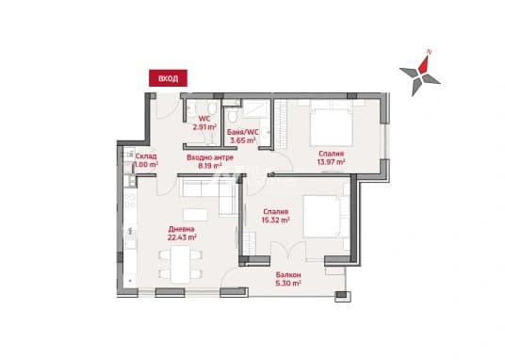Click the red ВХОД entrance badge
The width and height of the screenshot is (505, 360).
(168, 78)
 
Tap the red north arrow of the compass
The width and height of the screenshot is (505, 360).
(424, 65)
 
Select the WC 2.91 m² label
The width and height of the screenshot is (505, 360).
(204, 123)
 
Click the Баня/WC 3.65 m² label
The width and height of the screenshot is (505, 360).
(243, 136)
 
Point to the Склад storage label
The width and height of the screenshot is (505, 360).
(146, 160)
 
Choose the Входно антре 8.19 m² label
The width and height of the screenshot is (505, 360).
(210, 162)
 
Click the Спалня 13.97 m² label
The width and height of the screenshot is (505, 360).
(331, 157)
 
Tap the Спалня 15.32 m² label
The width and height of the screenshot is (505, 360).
(275, 216)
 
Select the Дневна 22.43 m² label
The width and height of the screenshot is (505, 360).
(182, 233)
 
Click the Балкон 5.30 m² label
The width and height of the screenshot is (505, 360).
(288, 279)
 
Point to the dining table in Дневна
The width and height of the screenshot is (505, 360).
(180, 264)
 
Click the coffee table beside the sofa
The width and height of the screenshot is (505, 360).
(195, 215)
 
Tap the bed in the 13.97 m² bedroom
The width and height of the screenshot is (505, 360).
(331, 123)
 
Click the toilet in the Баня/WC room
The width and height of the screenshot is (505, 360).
(232, 116)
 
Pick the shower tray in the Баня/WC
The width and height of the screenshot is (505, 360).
(255, 108)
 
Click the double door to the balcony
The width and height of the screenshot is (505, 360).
(288, 251)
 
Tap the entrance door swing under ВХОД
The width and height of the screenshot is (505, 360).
(168, 106)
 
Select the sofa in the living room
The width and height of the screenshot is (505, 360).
(209, 197)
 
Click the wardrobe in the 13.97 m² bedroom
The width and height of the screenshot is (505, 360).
(280, 124)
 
